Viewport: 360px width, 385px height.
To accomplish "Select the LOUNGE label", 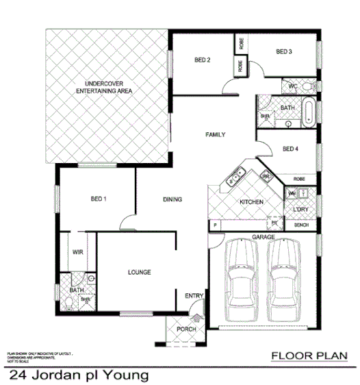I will [x=139, y=272].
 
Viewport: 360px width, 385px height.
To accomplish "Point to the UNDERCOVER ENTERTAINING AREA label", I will [x=104, y=87].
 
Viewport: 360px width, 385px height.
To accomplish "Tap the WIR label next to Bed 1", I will [x=77, y=252].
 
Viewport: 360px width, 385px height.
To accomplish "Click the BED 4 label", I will [x=290, y=149].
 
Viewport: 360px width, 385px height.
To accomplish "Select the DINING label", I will [x=172, y=200].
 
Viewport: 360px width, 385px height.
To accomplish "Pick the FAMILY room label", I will [x=215, y=135].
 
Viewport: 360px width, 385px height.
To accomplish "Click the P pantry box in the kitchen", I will [x=214, y=224].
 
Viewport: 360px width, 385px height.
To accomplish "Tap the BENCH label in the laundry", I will [x=300, y=225].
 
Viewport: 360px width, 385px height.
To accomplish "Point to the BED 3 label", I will [x=284, y=51].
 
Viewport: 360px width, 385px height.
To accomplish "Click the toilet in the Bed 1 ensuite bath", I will [x=90, y=280].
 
